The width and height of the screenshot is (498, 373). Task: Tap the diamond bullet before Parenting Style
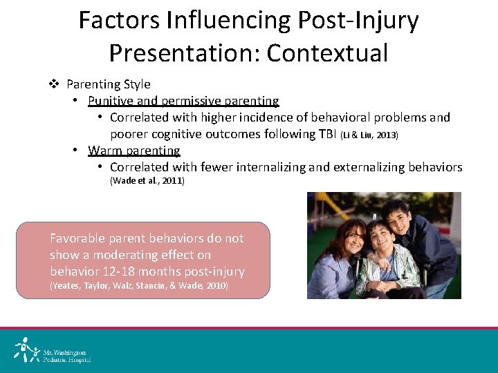(x=55, y=84)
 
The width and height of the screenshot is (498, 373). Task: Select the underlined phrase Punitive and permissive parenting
(x=183, y=101)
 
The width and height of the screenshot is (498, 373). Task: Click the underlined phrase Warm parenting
(x=133, y=151)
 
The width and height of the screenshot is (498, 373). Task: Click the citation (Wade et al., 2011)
(x=147, y=181)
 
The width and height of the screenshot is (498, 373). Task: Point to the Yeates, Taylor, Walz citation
(x=139, y=286)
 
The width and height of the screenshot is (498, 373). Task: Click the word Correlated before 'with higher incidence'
(x=140, y=117)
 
